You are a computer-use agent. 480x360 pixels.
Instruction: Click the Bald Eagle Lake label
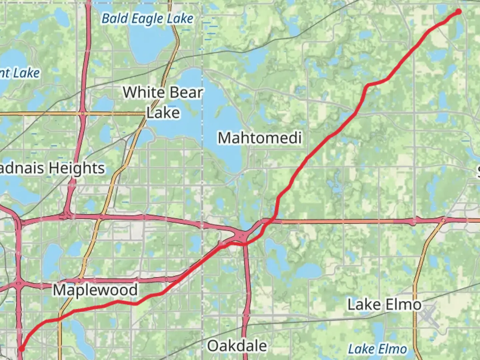click(x=147, y=19)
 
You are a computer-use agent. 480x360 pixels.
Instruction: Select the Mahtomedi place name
click(x=260, y=138)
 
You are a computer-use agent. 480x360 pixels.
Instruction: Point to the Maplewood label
click(x=95, y=290)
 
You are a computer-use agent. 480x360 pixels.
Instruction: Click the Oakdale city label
click(x=237, y=346)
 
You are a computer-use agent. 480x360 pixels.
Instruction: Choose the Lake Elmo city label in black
click(x=384, y=304)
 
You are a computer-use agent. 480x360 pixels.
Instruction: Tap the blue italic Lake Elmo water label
click(x=377, y=349)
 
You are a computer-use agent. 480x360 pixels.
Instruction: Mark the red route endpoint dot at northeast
click(x=458, y=12)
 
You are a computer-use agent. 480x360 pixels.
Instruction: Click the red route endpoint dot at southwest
click(x=22, y=349)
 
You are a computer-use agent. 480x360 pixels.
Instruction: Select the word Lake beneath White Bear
click(x=163, y=113)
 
